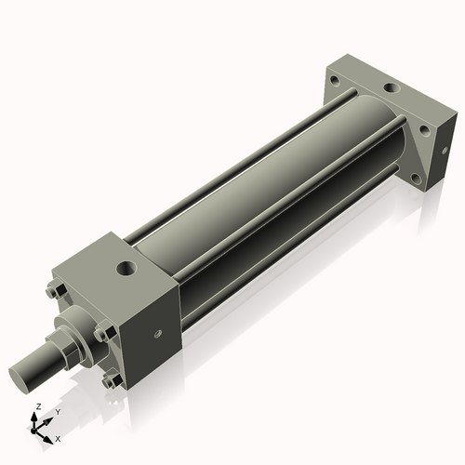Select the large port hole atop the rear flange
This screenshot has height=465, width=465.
coord(392,90)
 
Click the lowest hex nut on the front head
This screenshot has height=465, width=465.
coord(112,379)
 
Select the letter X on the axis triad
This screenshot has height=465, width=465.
coord(58,437)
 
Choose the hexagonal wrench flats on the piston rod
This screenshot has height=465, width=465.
coord(59,354)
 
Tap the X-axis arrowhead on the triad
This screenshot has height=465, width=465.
coord(49,434)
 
